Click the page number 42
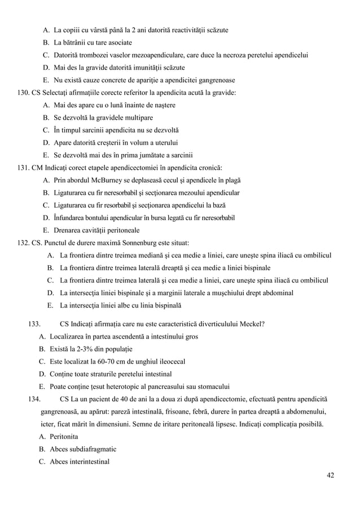[330, 475]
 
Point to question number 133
[33, 324]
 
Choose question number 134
[33, 399]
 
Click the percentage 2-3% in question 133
[84, 349]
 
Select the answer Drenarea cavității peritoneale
[96, 230]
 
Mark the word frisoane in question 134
[195, 411]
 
